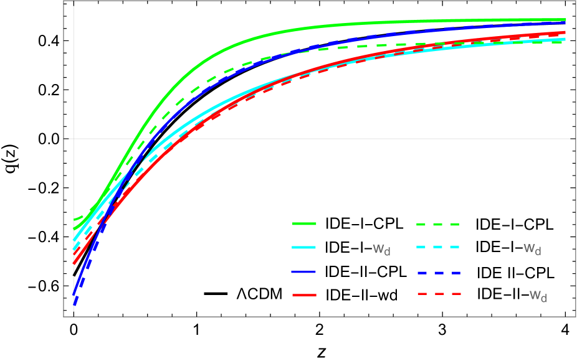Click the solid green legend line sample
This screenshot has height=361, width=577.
point(304,223)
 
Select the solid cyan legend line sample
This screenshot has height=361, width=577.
point(304,248)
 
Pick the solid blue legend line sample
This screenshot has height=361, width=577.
point(304,273)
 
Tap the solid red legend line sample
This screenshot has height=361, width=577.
point(304,295)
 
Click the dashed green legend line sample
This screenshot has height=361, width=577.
point(438,224)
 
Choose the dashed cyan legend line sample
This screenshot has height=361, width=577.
point(438,247)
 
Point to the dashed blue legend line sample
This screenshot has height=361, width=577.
point(438,273)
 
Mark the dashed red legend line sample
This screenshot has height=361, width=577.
point(438,293)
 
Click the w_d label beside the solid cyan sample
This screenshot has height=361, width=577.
point(381,250)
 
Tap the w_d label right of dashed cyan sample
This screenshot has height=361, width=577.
point(532,249)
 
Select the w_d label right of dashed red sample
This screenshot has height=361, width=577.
point(538,295)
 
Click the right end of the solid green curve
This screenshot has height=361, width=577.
point(565,20)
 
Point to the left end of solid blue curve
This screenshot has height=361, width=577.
point(74,294)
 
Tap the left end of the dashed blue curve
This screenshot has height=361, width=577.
point(74,305)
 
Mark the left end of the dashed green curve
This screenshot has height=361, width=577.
point(74,219)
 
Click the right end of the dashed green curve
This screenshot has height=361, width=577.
point(564,42)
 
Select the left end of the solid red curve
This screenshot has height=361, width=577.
point(74,263)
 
